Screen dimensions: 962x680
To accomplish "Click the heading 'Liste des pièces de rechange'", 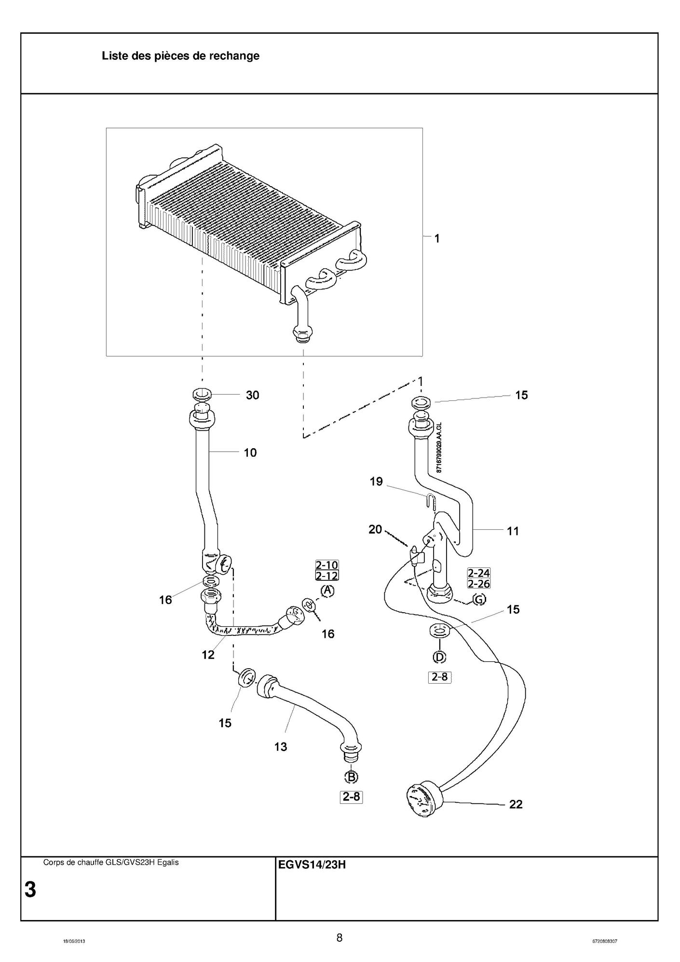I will (x=180, y=56).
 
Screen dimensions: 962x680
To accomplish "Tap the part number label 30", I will (x=252, y=395).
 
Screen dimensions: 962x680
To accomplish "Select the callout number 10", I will (x=250, y=453).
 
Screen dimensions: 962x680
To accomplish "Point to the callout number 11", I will (x=513, y=531).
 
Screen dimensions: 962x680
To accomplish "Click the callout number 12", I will (x=208, y=655).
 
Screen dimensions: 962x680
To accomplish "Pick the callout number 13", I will (x=281, y=747).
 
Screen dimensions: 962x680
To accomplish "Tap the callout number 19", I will (x=376, y=481).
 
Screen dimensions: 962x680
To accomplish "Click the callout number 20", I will (x=375, y=530).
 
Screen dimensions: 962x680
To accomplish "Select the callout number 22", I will (x=516, y=804).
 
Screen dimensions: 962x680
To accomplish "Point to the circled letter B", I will (x=351, y=777).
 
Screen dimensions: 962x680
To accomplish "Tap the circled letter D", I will (x=439, y=657).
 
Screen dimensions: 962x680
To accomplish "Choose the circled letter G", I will (x=479, y=600).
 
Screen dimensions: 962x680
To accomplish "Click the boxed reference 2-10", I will (x=327, y=565).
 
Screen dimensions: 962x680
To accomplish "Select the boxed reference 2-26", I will (x=478, y=584).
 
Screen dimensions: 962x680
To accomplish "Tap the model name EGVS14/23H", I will (x=312, y=865).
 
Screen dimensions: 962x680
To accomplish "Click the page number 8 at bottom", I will (x=340, y=938).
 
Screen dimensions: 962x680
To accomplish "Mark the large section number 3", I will (x=30, y=890).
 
